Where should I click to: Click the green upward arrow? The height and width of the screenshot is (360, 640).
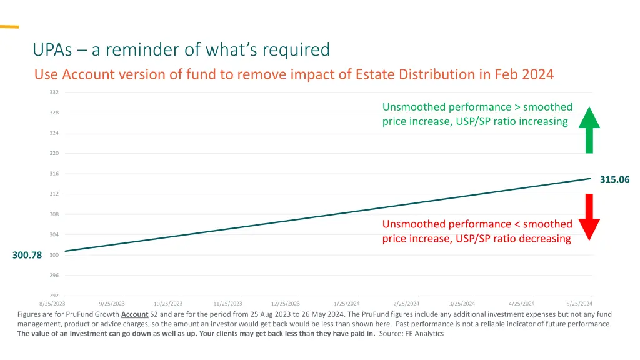coord(589,131)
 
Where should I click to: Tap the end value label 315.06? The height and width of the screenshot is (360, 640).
coord(615,179)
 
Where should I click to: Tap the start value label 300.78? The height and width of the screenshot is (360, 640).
coord(27,255)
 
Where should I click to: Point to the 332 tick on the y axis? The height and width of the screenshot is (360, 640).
coord(54,92)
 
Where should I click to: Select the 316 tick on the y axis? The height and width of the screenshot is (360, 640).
coord(54,174)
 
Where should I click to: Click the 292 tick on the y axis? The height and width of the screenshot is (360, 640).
coord(54,296)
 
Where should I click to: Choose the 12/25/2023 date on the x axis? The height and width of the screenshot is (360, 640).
coord(286,304)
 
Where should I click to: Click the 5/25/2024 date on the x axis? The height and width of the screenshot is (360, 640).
coord(579,304)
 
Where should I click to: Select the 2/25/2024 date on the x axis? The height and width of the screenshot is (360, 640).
coord(406,304)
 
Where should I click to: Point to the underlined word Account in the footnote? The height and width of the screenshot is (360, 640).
coord(134,314)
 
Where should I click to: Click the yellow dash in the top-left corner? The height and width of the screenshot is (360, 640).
coord(9,27)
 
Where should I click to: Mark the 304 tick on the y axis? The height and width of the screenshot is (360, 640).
coord(54,235)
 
